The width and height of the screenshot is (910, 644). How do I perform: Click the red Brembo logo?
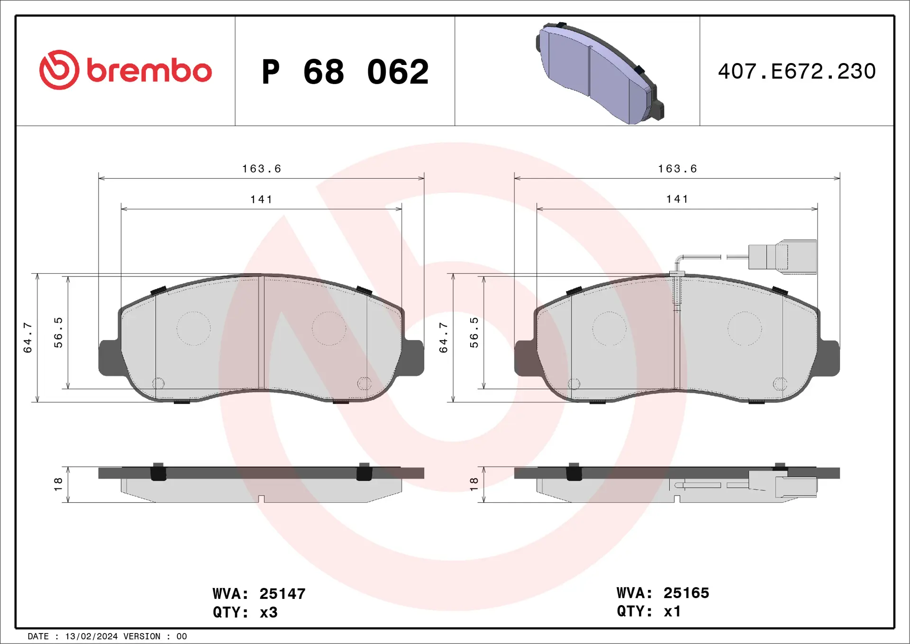tap(125, 70)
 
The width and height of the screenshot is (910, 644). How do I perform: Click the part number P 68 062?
tap(345, 72)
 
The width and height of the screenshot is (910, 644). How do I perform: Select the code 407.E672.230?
tap(796, 72)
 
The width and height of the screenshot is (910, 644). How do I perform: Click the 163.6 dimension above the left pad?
tap(262, 169)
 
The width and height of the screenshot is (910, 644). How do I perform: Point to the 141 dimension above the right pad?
tap(677, 199)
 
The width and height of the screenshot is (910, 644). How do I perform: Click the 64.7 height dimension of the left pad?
tap(27, 337)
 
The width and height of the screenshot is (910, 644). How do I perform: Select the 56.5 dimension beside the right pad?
tap(474, 332)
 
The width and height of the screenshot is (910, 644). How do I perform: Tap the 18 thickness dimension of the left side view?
tap(58, 484)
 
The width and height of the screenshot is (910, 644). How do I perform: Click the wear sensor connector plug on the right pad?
tap(782, 257)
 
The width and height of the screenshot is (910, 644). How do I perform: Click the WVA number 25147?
tap(282, 594)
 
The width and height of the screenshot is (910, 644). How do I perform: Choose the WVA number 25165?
tap(686, 593)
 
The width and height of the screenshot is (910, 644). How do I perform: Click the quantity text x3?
tap(268, 612)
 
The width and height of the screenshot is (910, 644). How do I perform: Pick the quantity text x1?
tap(672, 611)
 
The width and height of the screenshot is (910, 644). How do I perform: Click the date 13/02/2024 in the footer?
tap(91, 636)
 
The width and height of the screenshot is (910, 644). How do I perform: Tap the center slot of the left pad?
tap(261, 332)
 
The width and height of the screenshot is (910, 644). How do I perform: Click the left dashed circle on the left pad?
tap(193, 328)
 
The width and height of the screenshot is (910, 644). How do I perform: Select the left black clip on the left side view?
tap(158, 472)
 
